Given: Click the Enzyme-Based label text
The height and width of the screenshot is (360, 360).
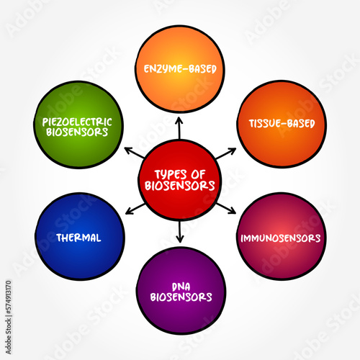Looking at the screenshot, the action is coord(180,69).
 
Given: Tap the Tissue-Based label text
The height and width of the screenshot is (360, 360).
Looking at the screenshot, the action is coord(282,123).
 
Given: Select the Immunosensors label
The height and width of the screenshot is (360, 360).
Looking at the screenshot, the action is coord(281,238).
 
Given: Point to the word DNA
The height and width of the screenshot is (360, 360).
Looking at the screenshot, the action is coord(181,287).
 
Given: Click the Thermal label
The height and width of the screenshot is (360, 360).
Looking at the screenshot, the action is coord(78,238).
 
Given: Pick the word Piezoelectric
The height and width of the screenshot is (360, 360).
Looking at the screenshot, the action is coord(77,122).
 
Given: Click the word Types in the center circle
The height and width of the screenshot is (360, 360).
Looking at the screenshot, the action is coord(171,174).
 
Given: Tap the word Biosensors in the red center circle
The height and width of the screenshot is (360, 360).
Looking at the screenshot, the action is coord(180,186).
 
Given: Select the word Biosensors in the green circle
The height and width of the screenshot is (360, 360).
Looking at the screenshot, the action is coord(77,132).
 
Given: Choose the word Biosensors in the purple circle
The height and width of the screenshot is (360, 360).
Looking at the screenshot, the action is coord(181,297).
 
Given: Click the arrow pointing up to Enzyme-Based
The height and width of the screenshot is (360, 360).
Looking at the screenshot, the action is coord(179,128).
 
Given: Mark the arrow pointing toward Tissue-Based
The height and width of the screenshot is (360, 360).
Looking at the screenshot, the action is coord(226,153).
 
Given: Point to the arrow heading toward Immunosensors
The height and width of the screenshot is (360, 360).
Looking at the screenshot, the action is coord(226,208).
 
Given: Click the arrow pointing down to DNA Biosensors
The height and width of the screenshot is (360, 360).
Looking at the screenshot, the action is coord(180,231).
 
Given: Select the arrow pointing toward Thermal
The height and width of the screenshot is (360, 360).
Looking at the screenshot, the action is coord(135,209).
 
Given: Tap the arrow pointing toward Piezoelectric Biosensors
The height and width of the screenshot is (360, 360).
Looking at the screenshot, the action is coord(135,153).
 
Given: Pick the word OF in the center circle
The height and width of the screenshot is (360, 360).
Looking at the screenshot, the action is coord(198,174).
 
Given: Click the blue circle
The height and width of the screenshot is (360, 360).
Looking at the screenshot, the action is coord(80,236).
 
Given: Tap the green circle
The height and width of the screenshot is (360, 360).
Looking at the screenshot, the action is coord(78,125).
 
